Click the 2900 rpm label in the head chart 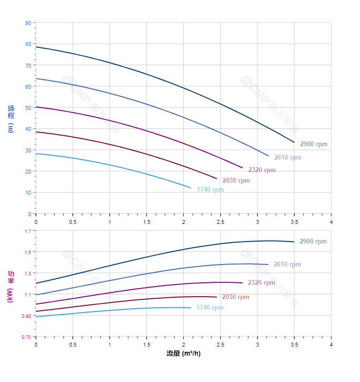[314, 144]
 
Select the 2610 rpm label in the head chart [288, 157]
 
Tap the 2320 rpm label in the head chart [262, 170]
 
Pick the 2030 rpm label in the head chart [236, 180]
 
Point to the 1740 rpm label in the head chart [210, 189]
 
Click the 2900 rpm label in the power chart [313, 242]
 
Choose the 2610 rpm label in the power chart [287, 264]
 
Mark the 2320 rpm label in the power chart [261, 282]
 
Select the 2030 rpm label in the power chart [236, 297]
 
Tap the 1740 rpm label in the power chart [210, 307]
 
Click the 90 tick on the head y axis [28, 23]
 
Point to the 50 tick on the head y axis [28, 107]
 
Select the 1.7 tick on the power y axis [27, 231]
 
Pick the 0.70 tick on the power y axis [26, 337]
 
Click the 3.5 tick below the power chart [294, 344]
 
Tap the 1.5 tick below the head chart [146, 221]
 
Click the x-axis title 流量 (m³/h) [183, 354]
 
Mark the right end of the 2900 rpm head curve [294, 142]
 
